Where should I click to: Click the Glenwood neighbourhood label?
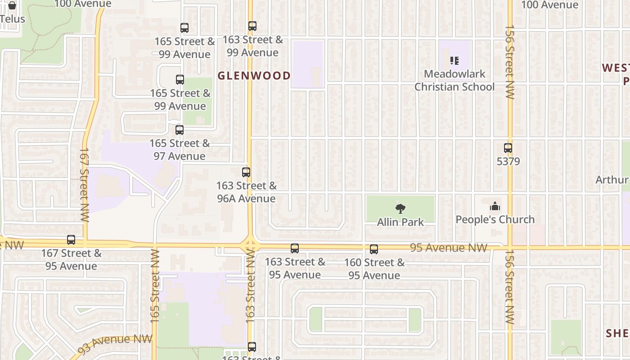tap(254, 75)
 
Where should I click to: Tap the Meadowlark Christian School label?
tap(454, 80)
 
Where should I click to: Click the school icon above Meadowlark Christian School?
tap(454, 60)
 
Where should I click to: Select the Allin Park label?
tap(400, 222)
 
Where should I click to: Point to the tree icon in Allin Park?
tap(400, 208)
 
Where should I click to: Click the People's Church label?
tap(495, 220)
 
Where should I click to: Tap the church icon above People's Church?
tap(495, 207)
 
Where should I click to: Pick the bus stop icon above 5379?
tap(508, 148)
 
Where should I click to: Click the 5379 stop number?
tap(508, 161)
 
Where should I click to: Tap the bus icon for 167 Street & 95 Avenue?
tap(71, 240)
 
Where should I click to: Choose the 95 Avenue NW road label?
tap(448, 248)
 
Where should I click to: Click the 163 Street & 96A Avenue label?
tap(246, 192)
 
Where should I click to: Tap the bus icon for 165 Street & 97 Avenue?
tap(180, 130)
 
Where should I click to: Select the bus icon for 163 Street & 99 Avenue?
tap(252, 26)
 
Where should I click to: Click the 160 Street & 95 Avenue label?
tap(374, 269)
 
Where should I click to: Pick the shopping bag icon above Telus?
tap(12, 6)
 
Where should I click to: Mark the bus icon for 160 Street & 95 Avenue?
tap(374, 249)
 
